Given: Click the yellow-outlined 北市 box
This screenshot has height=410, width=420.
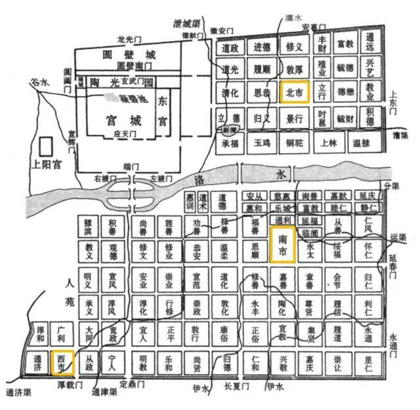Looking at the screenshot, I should pyautogui.click(x=294, y=94).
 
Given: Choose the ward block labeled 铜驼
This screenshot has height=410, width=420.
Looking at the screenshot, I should pyautogui.click(x=294, y=143).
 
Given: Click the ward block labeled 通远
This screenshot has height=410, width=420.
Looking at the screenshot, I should pyautogui.click(x=371, y=43).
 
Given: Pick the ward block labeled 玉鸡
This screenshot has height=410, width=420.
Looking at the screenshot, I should pyautogui.click(x=262, y=143).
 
